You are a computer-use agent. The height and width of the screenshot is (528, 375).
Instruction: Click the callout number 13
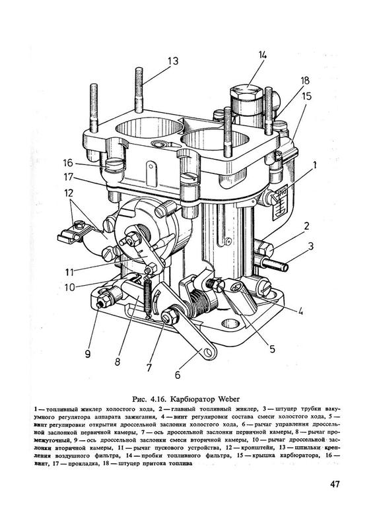[173, 61]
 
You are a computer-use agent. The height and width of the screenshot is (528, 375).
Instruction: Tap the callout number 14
[263, 55]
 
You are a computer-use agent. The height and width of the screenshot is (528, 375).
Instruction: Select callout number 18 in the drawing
[305, 81]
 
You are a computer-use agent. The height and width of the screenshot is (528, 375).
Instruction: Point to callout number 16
[68, 162]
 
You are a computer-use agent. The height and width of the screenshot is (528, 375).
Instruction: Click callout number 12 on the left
[69, 193]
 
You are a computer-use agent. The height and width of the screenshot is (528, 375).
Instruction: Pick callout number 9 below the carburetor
[88, 354]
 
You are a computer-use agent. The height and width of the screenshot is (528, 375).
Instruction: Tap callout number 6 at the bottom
[178, 375]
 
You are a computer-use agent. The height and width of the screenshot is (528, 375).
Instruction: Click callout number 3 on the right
[310, 246]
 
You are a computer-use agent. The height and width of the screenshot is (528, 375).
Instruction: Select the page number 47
[335, 484]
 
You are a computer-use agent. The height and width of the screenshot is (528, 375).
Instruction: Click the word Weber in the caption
[229, 399]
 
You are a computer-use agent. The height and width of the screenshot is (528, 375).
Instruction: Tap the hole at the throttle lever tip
[210, 352]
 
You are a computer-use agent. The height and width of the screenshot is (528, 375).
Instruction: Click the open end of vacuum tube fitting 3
[286, 268]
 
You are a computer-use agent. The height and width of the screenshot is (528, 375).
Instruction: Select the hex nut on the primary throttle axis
[167, 317]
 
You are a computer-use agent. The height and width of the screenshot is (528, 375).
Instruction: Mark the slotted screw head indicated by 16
[116, 164]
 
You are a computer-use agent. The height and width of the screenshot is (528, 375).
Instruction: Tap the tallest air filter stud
[139, 90]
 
